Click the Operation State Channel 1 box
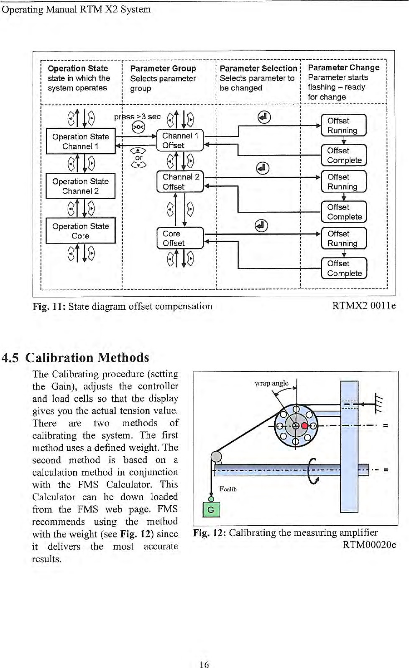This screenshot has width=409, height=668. pyautogui.click(x=80, y=141)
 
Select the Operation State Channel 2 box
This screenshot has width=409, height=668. pyautogui.click(x=80, y=186)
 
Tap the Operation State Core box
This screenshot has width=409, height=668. pyautogui.click(x=80, y=231)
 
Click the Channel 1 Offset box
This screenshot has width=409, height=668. pyautogui.click(x=180, y=141)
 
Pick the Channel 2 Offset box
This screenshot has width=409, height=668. pyautogui.click(x=180, y=182)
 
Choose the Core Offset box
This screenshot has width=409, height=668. pyautogui.click(x=180, y=238)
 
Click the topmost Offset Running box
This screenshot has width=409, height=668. pyautogui.click(x=343, y=126)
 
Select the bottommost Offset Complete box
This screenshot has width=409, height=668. pyautogui.click(x=344, y=268)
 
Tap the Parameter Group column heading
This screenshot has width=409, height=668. pyautogui.click(x=163, y=68)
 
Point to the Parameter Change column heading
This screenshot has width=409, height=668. pyautogui.click(x=343, y=68)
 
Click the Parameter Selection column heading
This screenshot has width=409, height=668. pyautogui.click(x=258, y=68)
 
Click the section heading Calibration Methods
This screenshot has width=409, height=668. pyautogui.click(x=87, y=357)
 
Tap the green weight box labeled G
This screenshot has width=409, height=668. pyautogui.click(x=211, y=510)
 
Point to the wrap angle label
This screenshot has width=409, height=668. pyautogui.click(x=271, y=383)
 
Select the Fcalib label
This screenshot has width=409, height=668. pyautogui.click(x=228, y=489)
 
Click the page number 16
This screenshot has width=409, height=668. pyautogui.click(x=204, y=664)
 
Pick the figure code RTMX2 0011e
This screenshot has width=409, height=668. pyautogui.click(x=364, y=306)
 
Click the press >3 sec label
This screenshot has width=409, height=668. pyautogui.click(x=138, y=117)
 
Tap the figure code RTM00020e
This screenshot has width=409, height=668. pyautogui.click(x=369, y=545)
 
